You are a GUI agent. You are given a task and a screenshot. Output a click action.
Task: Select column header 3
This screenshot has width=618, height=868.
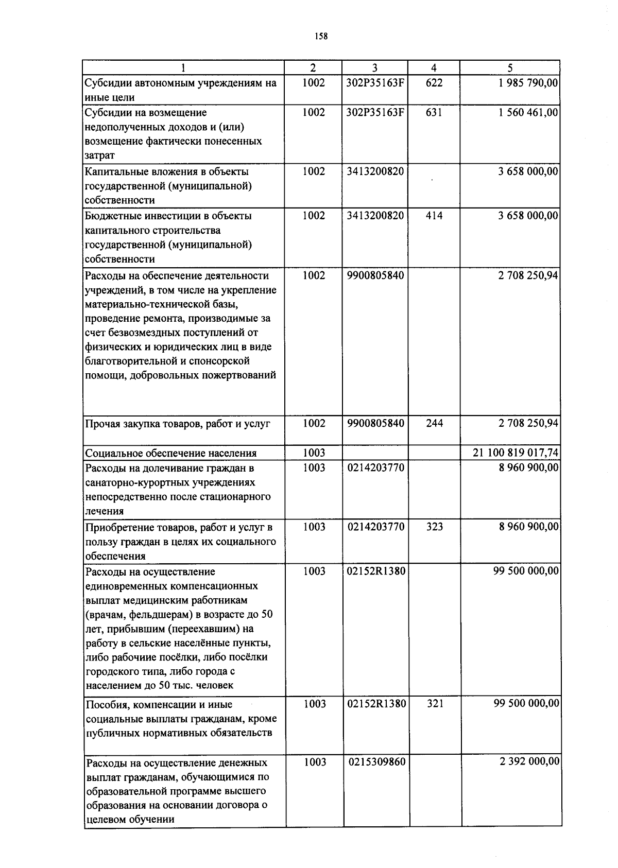(x=374, y=67)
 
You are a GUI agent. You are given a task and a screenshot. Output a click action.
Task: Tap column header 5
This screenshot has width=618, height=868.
(x=510, y=67)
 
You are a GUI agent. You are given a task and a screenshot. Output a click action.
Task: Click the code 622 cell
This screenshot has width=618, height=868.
(x=434, y=82)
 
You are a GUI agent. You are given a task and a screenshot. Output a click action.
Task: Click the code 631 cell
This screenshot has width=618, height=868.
(x=434, y=112)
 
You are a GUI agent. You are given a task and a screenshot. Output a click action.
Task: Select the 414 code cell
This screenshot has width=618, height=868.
(x=434, y=216)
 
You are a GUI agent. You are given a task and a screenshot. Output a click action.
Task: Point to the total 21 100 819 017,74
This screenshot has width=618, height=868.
(x=516, y=453)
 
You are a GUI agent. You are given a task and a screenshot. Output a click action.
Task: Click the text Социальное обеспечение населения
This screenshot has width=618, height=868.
(x=170, y=453)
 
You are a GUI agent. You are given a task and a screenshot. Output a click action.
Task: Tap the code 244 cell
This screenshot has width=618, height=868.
(x=434, y=423)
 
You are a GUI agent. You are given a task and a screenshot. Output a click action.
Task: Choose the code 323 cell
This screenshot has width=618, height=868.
(x=435, y=527)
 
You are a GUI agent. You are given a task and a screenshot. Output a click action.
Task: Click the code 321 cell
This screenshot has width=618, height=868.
(x=435, y=704)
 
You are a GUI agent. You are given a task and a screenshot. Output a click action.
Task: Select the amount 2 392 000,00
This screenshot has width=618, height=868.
(x=529, y=761)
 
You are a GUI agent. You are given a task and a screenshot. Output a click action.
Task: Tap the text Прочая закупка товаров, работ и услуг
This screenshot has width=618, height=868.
(x=178, y=424)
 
